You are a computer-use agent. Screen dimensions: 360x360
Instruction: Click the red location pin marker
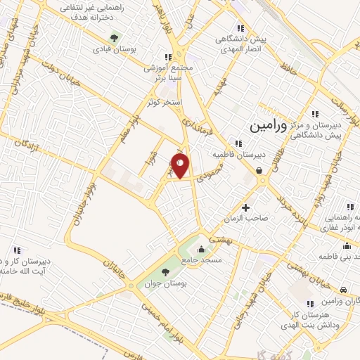(181, 165)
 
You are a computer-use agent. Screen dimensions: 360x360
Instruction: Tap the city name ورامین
(268, 126)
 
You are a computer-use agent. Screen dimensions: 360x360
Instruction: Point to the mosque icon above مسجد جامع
(202, 248)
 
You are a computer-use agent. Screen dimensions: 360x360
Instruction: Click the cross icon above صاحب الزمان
(245, 207)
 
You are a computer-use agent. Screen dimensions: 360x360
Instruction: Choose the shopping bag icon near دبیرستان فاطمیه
(259, 169)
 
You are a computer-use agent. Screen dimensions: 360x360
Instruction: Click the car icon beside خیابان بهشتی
(342, 289)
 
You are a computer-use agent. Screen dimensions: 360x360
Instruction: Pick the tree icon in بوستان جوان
(166, 272)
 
